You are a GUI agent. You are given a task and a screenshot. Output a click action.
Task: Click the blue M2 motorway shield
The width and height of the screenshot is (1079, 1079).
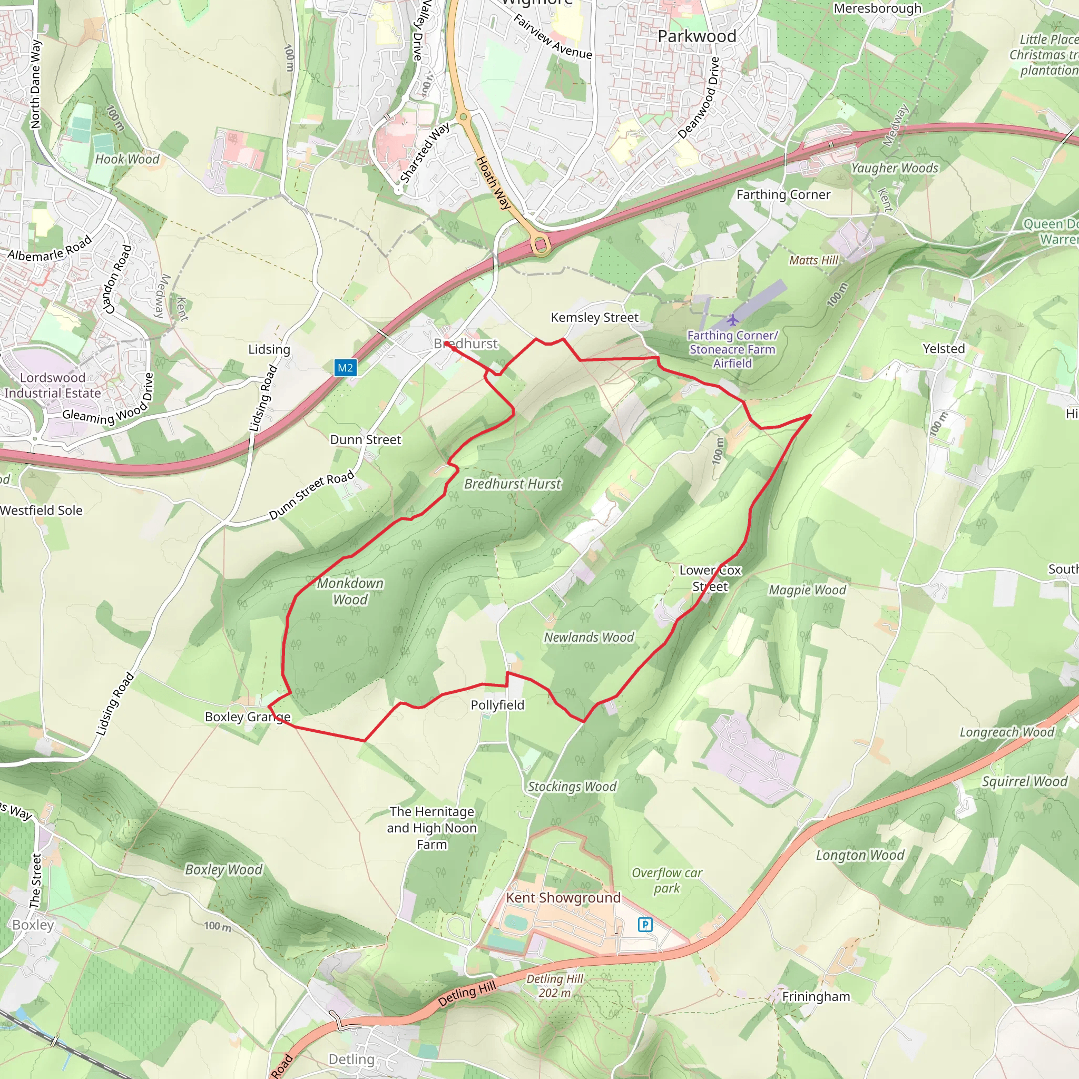pos(345,368)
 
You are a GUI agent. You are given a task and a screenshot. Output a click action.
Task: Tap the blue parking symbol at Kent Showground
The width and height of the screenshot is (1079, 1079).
pos(645,924)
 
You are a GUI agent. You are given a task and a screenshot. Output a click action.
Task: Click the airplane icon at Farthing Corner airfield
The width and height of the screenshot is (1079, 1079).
pos(732,320)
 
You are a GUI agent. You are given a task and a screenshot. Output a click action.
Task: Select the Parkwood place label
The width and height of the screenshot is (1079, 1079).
pos(697,36)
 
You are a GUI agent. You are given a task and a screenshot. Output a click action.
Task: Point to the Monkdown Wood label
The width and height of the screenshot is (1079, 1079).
pos(350,591)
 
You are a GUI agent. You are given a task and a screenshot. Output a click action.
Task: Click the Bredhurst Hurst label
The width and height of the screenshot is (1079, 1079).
pos(512,484)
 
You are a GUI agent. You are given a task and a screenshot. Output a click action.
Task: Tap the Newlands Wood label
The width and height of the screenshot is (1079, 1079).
pos(588,637)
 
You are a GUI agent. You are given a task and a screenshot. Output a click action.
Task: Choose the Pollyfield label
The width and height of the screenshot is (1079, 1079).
pos(497,705)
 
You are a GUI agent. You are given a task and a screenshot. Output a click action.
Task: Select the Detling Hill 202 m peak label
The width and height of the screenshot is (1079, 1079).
pos(555,986)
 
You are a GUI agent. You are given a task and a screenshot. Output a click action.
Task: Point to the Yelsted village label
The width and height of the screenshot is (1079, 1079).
pos(943,348)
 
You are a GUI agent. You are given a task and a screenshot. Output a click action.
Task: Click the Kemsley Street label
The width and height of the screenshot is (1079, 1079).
pos(594,317)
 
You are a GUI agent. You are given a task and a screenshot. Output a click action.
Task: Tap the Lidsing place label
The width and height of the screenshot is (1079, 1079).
pos(269,350)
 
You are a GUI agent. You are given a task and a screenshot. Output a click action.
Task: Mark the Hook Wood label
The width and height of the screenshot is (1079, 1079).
pos(127,159)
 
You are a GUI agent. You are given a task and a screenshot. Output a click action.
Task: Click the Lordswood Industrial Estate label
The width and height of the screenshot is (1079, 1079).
pos(53,385)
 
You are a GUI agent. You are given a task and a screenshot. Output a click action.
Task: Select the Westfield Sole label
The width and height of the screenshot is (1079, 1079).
pos(41,510)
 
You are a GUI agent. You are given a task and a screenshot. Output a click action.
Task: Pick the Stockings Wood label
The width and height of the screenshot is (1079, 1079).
pos(572,787)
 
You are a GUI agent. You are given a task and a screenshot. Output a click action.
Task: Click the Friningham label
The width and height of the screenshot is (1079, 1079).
pos(816,996)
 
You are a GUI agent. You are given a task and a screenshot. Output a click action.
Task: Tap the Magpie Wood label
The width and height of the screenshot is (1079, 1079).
pos(807,590)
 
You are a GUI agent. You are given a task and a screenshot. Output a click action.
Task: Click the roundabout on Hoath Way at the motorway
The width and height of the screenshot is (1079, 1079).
pos(540,244)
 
